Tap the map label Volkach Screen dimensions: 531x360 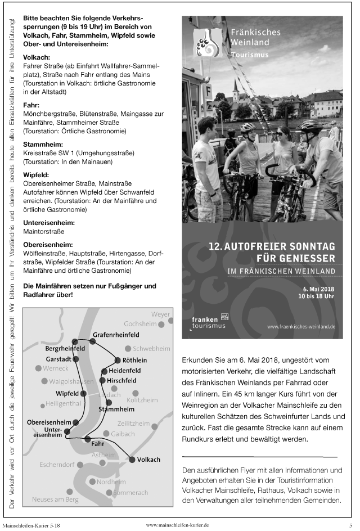click(148, 460)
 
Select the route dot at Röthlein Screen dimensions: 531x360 click(117, 360)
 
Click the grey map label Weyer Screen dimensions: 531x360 click(160, 314)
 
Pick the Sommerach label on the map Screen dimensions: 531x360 click(130, 492)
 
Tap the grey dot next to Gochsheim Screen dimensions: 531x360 click(161, 325)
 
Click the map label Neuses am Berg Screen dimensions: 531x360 click(55, 499)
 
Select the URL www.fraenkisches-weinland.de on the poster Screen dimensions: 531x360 click(301, 326)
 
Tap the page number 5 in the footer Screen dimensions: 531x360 click(350, 525)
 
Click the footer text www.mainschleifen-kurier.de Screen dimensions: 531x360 click(177, 524)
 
